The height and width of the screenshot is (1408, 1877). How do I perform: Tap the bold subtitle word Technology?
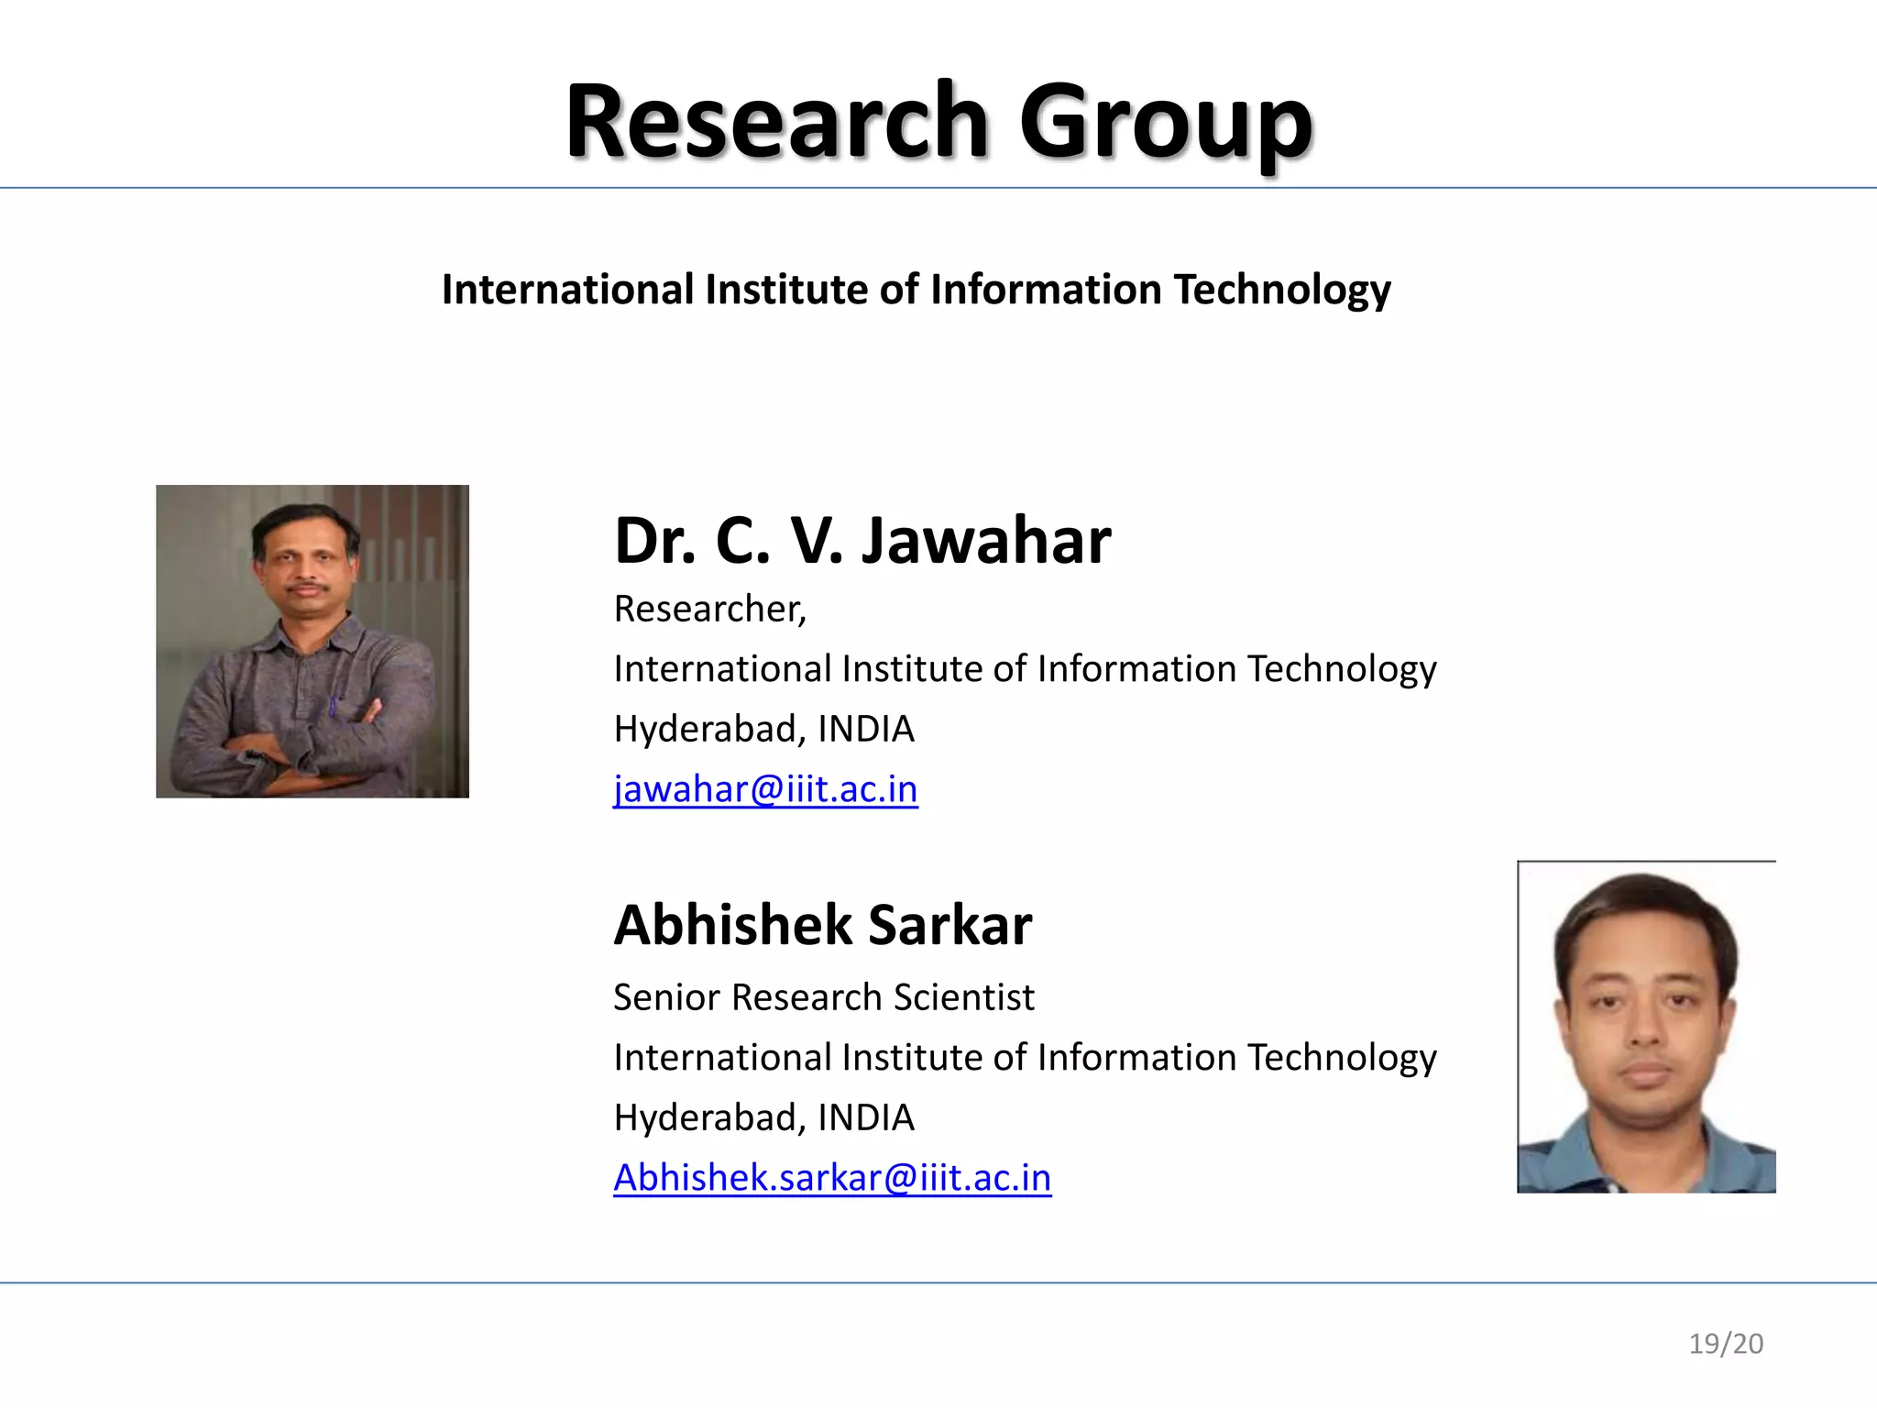pyautogui.click(x=1282, y=290)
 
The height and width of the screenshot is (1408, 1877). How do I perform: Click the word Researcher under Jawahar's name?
pyautogui.click(x=708, y=609)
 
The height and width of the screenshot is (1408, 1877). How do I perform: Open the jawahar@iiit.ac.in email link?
pyautogui.click(x=765, y=789)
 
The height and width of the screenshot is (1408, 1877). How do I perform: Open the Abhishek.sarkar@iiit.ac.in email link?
pyautogui.click(x=832, y=1178)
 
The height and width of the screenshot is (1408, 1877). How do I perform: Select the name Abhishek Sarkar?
pyautogui.click(x=822, y=925)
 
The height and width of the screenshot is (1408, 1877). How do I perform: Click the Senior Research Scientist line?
pyautogui.click(x=823, y=997)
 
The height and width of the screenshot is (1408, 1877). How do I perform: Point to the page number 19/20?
pyautogui.click(x=1726, y=1344)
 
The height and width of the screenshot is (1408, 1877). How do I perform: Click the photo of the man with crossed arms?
pyautogui.click(x=313, y=642)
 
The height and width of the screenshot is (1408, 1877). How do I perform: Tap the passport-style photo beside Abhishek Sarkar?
pyautogui.click(x=1646, y=1027)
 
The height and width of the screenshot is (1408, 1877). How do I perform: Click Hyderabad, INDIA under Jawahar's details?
pyautogui.click(x=763, y=729)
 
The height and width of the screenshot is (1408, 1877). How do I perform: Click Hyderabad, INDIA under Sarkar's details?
pyautogui.click(x=763, y=1117)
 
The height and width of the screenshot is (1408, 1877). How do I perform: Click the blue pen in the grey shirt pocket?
pyautogui.click(x=333, y=706)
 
